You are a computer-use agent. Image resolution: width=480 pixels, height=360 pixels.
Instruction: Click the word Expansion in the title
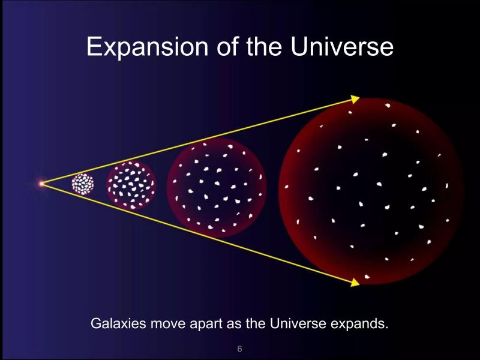(147, 47)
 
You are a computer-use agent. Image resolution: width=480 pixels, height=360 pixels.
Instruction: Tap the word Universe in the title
(342, 46)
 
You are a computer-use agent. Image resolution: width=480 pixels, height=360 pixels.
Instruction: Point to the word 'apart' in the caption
(206, 324)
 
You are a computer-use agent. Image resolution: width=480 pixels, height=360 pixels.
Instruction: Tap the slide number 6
(239, 349)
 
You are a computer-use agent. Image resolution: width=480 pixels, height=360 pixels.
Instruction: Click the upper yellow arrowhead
(355, 99)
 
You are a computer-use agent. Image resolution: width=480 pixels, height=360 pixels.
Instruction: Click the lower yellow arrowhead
(355, 282)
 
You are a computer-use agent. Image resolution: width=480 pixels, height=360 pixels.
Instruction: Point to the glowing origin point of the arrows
(41, 184)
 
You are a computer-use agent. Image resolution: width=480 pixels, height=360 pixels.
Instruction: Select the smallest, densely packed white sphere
(83, 184)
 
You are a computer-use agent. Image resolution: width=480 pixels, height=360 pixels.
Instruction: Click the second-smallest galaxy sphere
(131, 185)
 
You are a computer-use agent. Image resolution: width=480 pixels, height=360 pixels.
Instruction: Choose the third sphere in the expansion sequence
(217, 188)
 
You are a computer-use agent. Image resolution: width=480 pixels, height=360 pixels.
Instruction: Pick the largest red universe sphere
(371, 191)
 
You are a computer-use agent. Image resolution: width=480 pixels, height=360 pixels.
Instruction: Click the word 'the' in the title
(264, 46)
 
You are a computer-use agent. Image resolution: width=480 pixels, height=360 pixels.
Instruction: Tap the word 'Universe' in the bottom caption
(298, 323)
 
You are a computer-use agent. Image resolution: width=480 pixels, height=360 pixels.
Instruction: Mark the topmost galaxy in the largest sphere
(388, 106)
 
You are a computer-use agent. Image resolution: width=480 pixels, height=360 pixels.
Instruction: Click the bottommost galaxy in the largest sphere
(367, 277)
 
